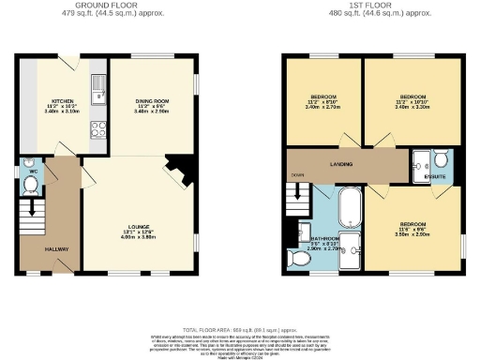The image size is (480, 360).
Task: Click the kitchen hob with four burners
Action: click(97, 132)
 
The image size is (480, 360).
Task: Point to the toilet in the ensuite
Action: click(442, 160)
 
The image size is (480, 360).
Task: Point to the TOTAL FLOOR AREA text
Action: click(240, 331)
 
